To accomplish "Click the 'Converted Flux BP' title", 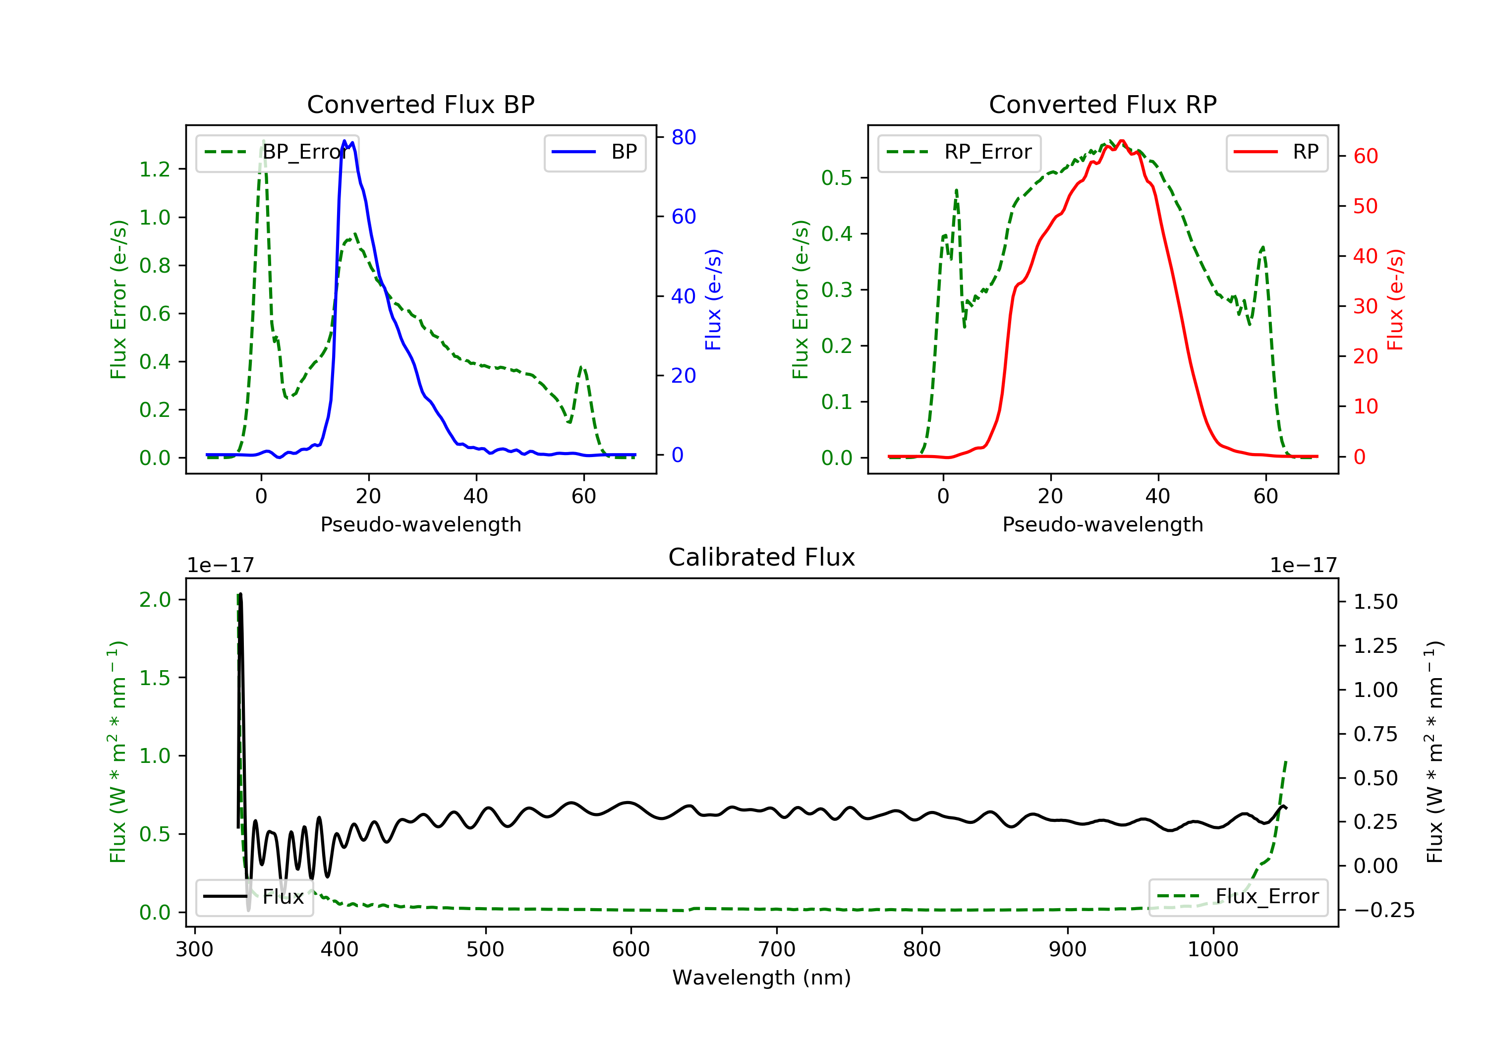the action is click(x=421, y=104).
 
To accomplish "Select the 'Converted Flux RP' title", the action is click(x=1103, y=104).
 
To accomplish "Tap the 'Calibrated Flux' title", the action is click(x=762, y=557).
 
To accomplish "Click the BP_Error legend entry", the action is click(x=277, y=152).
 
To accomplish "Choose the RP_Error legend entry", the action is click(x=959, y=152).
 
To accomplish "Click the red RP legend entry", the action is click(x=1276, y=152).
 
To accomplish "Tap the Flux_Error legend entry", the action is click(x=1238, y=897).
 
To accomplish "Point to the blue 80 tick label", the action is click(x=683, y=137).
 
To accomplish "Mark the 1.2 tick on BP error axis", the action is click(x=155, y=169).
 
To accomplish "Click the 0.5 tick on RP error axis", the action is click(x=837, y=177).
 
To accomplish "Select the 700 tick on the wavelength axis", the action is click(x=777, y=950).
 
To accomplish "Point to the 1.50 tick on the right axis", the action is click(x=1375, y=602).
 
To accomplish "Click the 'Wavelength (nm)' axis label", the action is click(x=762, y=978).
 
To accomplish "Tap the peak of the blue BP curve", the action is click(x=344, y=141).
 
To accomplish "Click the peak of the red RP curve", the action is click(x=1122, y=141).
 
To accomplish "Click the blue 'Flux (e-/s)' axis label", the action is click(x=713, y=300).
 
